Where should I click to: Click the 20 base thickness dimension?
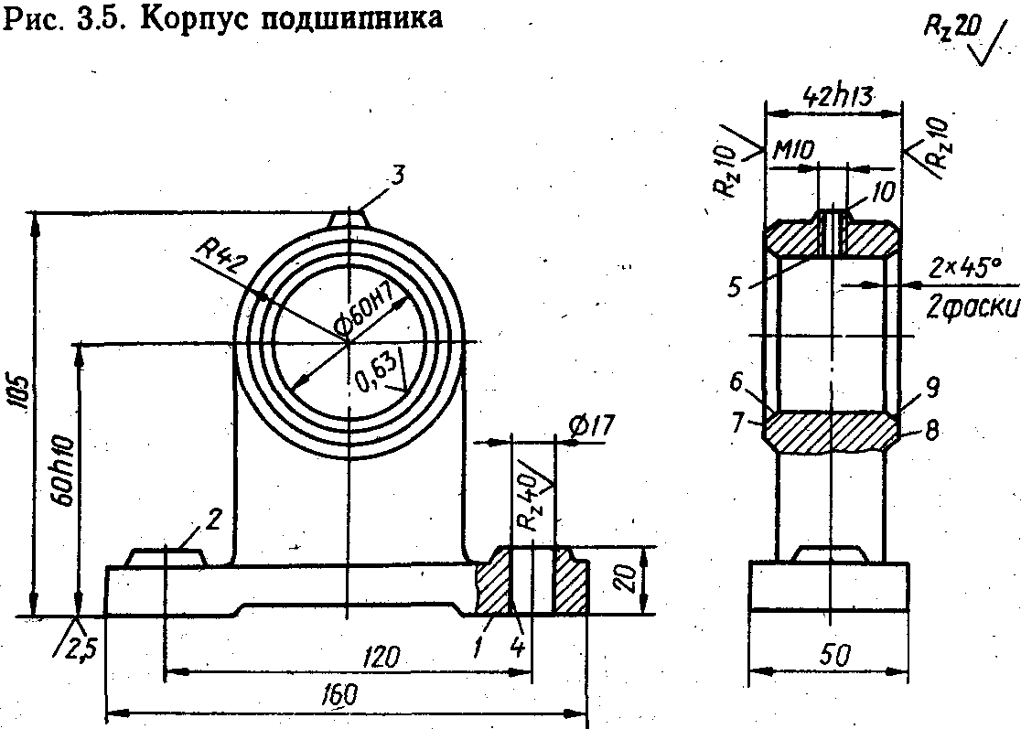pyautogui.click(x=624, y=580)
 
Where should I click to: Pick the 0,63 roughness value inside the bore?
pyautogui.click(x=375, y=373)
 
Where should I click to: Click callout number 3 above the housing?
pyautogui.click(x=395, y=177)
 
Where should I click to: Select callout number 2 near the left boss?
pyautogui.click(x=213, y=519)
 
